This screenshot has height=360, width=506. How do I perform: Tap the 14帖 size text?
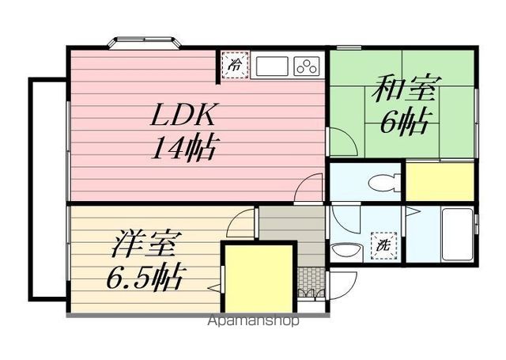point(183,148)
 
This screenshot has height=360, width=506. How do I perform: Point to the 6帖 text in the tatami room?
point(406,123)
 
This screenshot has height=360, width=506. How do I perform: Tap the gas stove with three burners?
point(307,66)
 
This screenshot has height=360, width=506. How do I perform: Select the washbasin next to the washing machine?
point(346,251)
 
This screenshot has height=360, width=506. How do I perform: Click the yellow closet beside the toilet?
point(439,181)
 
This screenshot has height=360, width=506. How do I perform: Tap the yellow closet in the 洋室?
point(258,279)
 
